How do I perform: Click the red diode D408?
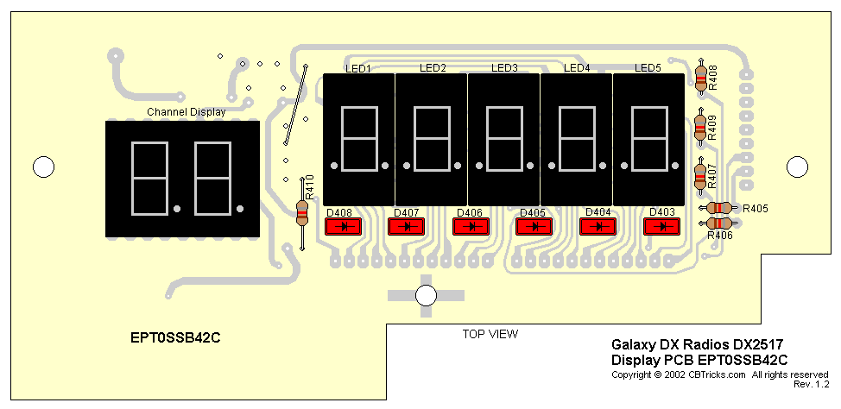(x=345, y=227)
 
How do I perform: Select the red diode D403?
(x=662, y=227)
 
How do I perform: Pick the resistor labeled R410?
(x=302, y=212)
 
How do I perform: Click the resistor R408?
(x=700, y=79)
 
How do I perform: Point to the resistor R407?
(x=700, y=177)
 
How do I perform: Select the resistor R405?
(x=718, y=208)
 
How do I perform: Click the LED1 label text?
(x=357, y=68)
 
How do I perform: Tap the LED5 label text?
(x=648, y=68)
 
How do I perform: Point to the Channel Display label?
(x=186, y=112)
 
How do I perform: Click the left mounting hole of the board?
(x=41, y=166)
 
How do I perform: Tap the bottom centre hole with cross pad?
(x=425, y=295)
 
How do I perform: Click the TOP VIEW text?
(x=490, y=333)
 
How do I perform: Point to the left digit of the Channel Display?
(x=148, y=179)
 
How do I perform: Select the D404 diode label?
(x=598, y=212)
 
